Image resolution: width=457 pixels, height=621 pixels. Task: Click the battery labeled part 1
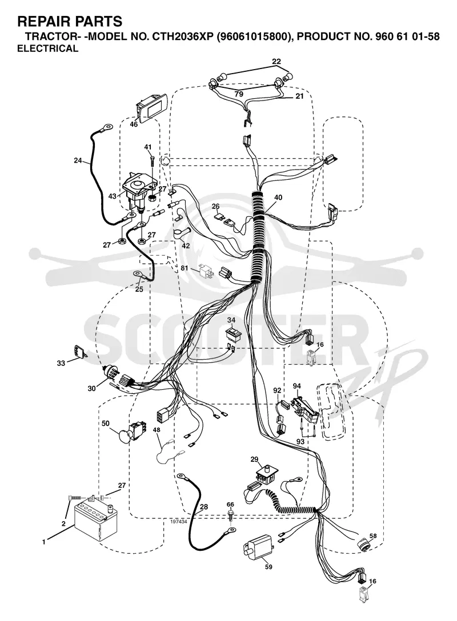coord(97,520)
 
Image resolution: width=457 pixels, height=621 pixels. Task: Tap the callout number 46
coord(134,124)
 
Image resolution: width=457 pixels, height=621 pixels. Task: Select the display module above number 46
coord(151,106)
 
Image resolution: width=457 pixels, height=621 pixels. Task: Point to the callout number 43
coord(112,196)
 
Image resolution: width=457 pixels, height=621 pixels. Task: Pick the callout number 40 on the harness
coord(278,197)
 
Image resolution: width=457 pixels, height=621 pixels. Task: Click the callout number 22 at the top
coord(276,62)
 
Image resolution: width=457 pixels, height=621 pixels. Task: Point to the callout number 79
coord(239,94)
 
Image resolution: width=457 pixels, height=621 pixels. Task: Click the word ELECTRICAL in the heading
coord(47,49)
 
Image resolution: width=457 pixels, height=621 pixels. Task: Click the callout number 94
coord(297,386)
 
